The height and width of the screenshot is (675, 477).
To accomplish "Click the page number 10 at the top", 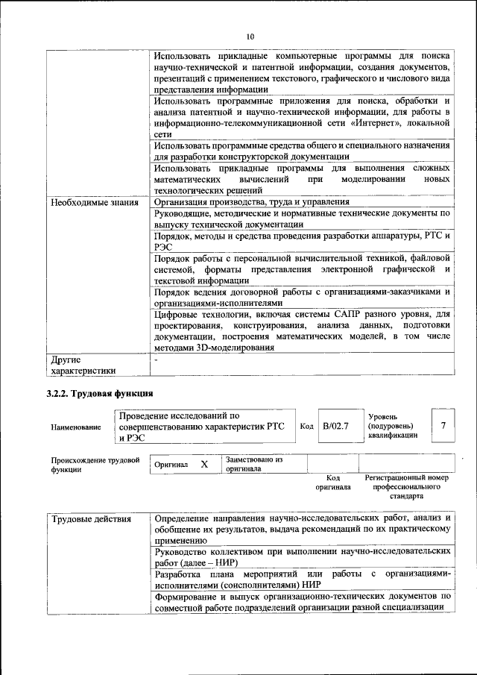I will pos(250,37).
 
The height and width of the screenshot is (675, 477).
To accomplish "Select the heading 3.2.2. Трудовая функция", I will pos(99,393).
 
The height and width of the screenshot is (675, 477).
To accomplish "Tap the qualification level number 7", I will pos(443,425).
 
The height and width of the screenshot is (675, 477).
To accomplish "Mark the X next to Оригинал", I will pos(203,464).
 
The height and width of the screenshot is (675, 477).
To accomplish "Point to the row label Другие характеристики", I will pos(82,365).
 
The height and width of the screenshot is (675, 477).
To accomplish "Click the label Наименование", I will pos(75,427).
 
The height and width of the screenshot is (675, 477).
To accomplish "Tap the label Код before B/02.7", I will pos(306,426).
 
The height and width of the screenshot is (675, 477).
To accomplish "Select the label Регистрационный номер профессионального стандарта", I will pos(406,486).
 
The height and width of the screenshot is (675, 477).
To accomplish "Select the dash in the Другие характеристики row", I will pos(155,360).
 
